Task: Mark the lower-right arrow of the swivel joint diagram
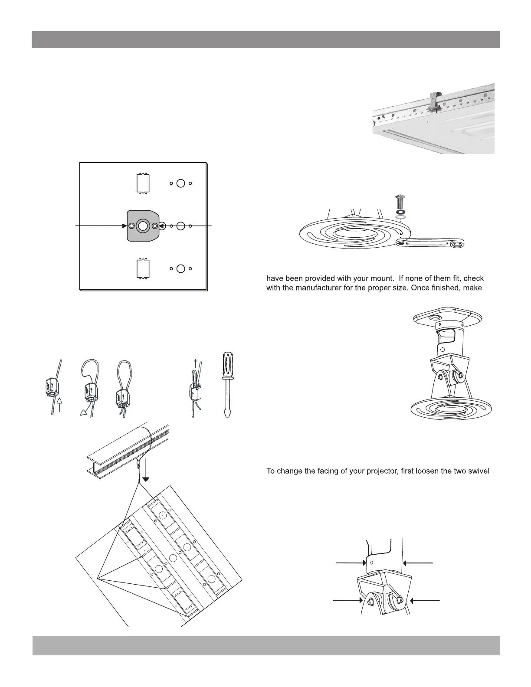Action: (x=425, y=601)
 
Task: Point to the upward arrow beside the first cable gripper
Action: (x=60, y=406)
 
